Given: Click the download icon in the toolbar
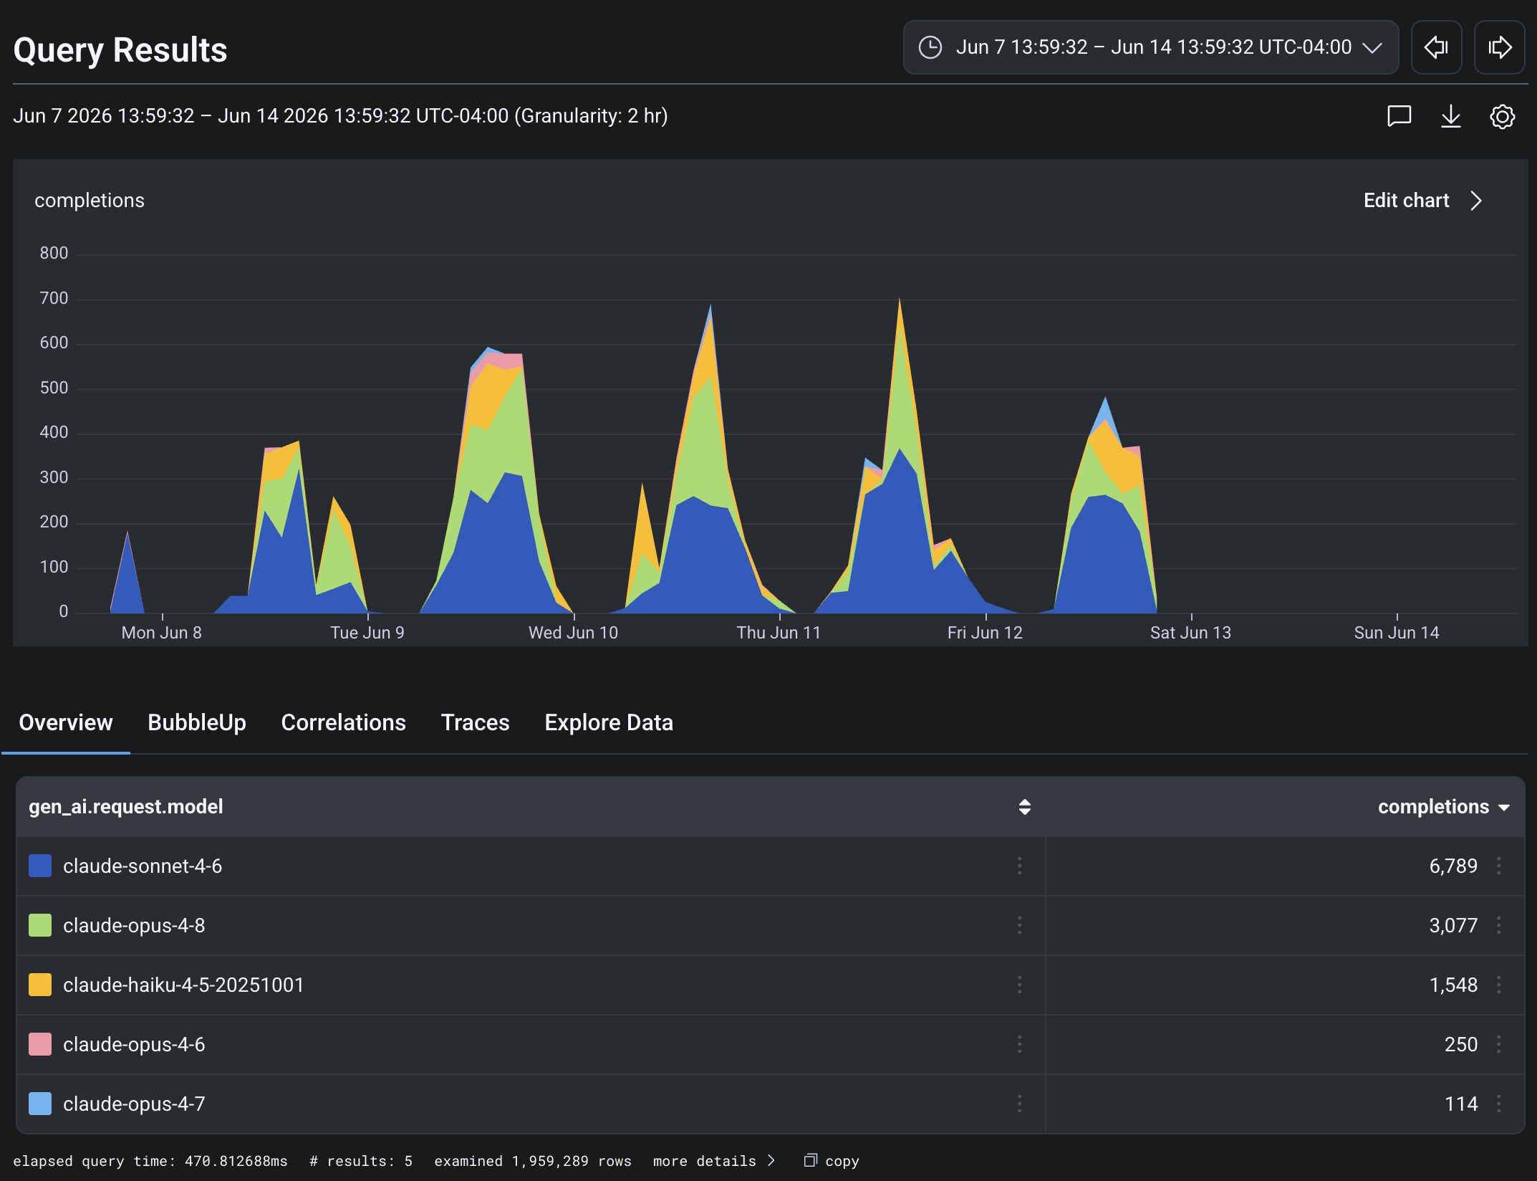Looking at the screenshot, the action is tap(1450, 116).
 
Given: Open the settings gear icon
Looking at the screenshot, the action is tap(1502, 116).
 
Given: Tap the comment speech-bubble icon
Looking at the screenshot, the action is tap(1399, 116).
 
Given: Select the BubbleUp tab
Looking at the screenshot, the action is tap(197, 722).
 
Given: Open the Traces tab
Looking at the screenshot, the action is tap(475, 722).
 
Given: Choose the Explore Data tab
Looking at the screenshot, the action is tap(609, 722).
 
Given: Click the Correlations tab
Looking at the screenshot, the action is tap(343, 722).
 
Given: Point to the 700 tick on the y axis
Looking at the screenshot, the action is tap(54, 298).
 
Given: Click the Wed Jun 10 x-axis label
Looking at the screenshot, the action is tap(573, 633).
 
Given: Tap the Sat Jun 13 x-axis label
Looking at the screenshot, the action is tap(1190, 633).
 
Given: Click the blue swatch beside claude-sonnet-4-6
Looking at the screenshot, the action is tap(40, 866).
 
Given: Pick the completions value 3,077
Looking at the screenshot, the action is tap(1453, 925).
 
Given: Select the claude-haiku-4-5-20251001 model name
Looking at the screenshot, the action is tap(183, 985).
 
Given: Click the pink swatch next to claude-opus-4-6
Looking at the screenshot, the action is tap(40, 1044).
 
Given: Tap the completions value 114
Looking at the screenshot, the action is tap(1461, 1104).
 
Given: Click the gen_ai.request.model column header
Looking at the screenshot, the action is tap(126, 807).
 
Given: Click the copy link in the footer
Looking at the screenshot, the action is tap(832, 1161).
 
